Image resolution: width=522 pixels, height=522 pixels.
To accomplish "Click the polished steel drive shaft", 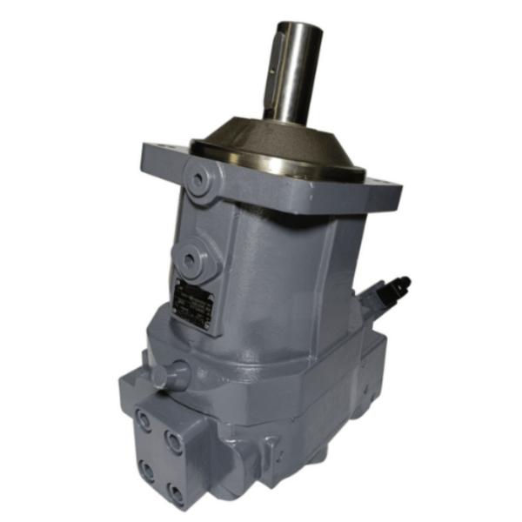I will point(294,78).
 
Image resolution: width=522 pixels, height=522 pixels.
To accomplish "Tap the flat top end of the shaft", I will point(295,29).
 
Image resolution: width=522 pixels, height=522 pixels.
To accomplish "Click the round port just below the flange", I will point(200,182).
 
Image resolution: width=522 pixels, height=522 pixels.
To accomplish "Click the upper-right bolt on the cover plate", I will point(174,443).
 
